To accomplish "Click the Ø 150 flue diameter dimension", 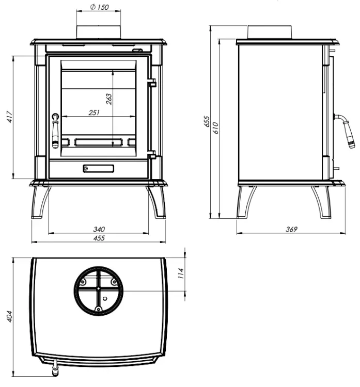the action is (x=99, y=7).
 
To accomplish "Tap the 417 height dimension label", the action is (x=9, y=117).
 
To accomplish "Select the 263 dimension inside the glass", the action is (x=108, y=99).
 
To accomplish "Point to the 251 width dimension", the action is (x=94, y=112).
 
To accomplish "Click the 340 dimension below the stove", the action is (x=99, y=229).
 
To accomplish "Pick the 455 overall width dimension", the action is (x=99, y=238).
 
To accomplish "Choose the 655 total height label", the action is (x=206, y=121).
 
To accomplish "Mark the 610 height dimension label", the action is (x=215, y=127).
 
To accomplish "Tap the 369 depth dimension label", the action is (x=291, y=229).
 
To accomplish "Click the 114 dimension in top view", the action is (x=181, y=273).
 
